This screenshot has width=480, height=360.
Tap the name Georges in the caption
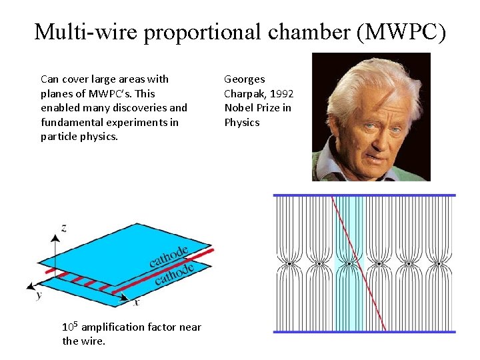coord(244,79)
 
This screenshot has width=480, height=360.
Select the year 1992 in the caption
coord(281,93)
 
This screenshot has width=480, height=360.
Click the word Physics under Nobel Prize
coord(241,123)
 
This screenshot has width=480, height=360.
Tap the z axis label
coord(63,228)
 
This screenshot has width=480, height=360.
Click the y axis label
coord(39,294)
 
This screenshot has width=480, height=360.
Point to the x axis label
coord(137,302)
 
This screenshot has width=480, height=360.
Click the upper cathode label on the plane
coord(169,256)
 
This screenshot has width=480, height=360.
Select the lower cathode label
coord(174,273)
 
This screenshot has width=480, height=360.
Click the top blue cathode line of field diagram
coord(364,195)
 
